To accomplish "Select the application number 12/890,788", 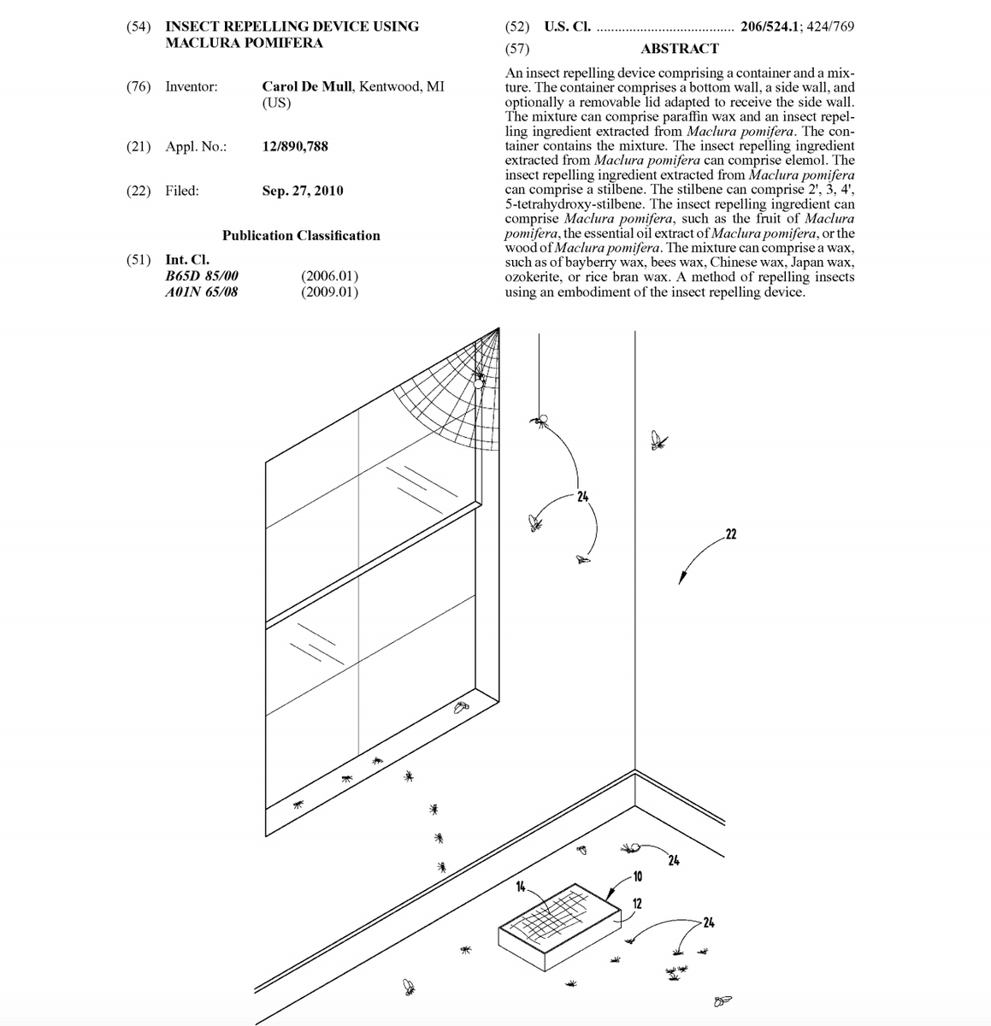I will coord(295,146).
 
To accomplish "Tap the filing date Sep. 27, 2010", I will coord(303,191).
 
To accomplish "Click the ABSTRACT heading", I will coord(679,49).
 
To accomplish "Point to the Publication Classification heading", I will coord(301,235).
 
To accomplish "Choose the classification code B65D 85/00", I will coord(202,276).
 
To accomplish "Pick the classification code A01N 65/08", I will coord(202,292).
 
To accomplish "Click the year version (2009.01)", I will coord(330,292).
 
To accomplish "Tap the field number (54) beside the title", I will coord(139,27).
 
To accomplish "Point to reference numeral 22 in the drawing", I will coord(730,535).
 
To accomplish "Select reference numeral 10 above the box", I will coord(637,876).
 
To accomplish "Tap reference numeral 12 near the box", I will coord(637,904).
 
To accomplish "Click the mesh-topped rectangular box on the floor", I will coord(558,926).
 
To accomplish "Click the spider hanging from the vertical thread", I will coord(540,420).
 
